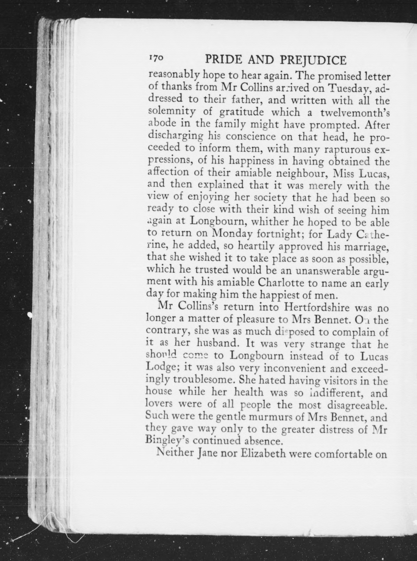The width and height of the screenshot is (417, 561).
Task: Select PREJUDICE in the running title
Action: point(313,61)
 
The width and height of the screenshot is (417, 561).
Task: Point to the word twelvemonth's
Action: point(355,113)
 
